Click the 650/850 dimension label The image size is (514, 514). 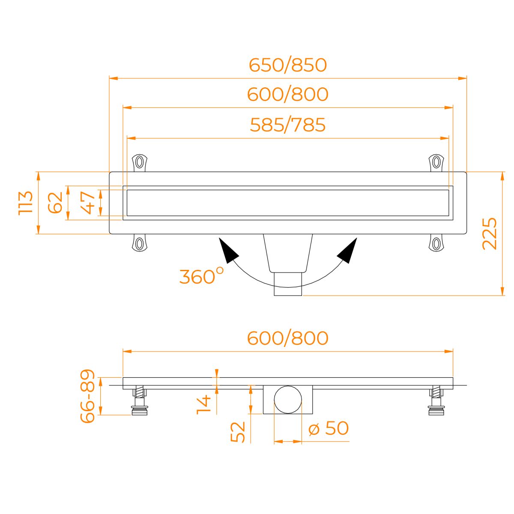tap(287, 65)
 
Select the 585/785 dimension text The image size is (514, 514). tap(287, 125)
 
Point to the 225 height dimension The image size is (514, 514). tap(490, 234)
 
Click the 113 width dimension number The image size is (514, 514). tap(26, 203)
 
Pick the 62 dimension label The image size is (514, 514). tap(55, 203)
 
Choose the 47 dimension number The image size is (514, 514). tap(88, 203)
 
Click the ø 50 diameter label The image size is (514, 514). tap(329, 428)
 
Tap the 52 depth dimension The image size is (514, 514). tap(237, 432)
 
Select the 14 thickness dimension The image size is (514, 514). tap(203, 405)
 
